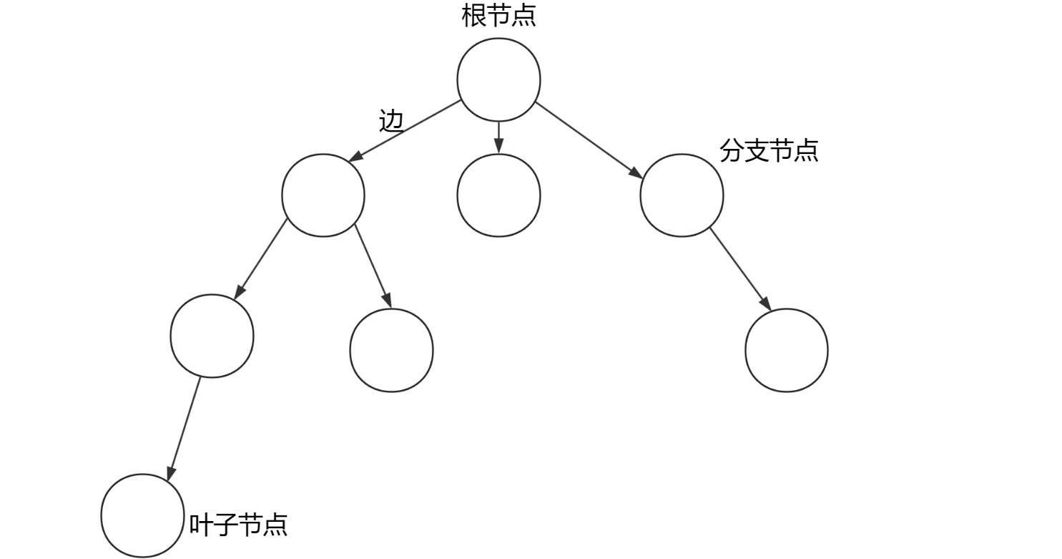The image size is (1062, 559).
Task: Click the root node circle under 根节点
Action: pos(498,79)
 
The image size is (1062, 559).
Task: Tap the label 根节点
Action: pos(498,16)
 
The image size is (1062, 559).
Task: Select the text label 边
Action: pos(391,121)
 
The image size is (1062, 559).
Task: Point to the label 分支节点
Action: pos(769,151)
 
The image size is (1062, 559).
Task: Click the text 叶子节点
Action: pos(238,525)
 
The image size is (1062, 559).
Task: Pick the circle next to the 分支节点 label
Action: pos(682,195)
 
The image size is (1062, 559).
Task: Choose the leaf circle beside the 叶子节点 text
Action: pos(142,515)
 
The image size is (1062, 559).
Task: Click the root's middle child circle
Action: pos(498,195)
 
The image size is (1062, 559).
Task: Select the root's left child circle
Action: pos(323,195)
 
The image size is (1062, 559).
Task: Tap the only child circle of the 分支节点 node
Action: pos(786,350)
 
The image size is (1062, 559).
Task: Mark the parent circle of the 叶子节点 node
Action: pos(212,335)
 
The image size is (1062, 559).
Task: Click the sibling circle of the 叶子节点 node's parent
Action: pos(391,350)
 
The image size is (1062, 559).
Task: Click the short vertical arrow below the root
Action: pos(498,137)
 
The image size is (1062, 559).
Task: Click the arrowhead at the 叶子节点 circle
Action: pos(170,473)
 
